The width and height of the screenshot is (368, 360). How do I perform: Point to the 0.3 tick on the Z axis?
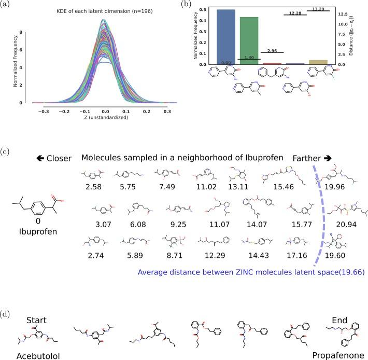point(166,110)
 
